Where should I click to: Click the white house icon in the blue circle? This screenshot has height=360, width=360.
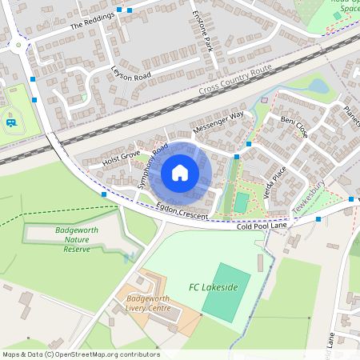[180, 173]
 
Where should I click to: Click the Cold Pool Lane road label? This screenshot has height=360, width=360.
[261, 227]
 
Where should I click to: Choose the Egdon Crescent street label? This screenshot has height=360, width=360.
[182, 212]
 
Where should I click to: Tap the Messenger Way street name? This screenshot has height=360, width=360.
[218, 122]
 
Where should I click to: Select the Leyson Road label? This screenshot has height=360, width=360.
[131, 74]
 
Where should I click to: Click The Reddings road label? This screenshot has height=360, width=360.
[88, 25]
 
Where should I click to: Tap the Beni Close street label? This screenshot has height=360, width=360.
[294, 126]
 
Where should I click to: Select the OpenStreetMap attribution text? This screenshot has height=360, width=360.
[81, 354]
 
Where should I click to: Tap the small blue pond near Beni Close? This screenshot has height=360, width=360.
[318, 85]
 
